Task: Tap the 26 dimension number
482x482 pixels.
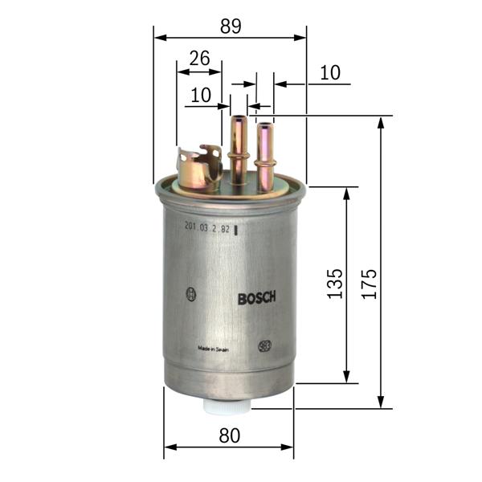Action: click(x=199, y=58)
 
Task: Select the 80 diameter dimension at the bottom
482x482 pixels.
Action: click(x=230, y=435)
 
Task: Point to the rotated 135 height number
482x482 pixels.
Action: click(x=335, y=284)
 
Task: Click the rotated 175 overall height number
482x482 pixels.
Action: click(x=369, y=284)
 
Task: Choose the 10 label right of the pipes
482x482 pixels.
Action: click(x=330, y=73)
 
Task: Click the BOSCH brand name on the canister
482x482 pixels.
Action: click(x=257, y=298)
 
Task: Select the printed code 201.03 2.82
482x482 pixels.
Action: click(x=207, y=229)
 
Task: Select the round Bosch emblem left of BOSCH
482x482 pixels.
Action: click(x=190, y=294)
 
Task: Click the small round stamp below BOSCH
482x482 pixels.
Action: click(x=264, y=346)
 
